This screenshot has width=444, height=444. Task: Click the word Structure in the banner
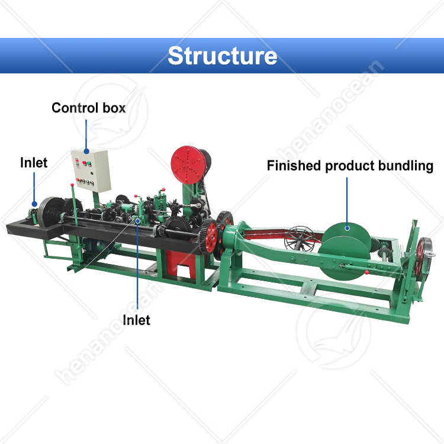(x=222, y=55)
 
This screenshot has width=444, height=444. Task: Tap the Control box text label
(x=89, y=108)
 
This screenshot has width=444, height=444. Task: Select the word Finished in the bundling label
(x=294, y=166)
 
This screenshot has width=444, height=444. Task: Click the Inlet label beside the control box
(x=34, y=162)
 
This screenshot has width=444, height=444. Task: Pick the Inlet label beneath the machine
(x=136, y=320)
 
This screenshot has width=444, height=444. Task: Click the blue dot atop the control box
(x=88, y=149)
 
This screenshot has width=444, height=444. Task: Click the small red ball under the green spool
(x=366, y=273)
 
